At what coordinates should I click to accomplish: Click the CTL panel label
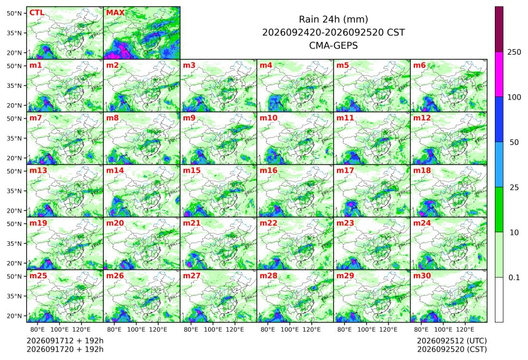pos(37,13)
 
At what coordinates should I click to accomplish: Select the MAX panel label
pos(115,13)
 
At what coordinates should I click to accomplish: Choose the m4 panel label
pos(266,65)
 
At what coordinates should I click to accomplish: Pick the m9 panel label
pos(189,118)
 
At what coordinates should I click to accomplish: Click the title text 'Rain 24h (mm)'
pos(333,19)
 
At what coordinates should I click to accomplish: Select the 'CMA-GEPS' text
pos(333,45)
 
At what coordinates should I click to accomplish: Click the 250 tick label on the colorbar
pos(514,52)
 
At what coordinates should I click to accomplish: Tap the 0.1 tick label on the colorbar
pos(514,278)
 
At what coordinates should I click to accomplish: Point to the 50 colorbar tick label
pos(514,143)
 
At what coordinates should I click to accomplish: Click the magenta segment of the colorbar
pos(499,74)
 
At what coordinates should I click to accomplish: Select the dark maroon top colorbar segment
pos(499,29)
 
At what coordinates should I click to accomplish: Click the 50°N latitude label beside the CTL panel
pos(14,13)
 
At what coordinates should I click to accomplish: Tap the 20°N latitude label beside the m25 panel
pos(14,316)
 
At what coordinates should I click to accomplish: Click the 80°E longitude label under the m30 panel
pos(421,329)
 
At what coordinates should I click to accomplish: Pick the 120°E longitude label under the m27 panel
pos(235,329)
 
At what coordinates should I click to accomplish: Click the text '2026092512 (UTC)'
pos(452,341)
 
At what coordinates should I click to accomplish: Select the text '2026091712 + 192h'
pos(65,341)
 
